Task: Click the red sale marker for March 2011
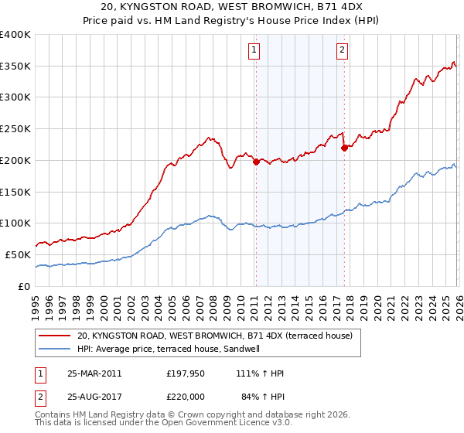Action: point(256,161)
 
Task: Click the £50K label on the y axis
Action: point(15,254)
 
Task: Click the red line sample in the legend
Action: point(55,336)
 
